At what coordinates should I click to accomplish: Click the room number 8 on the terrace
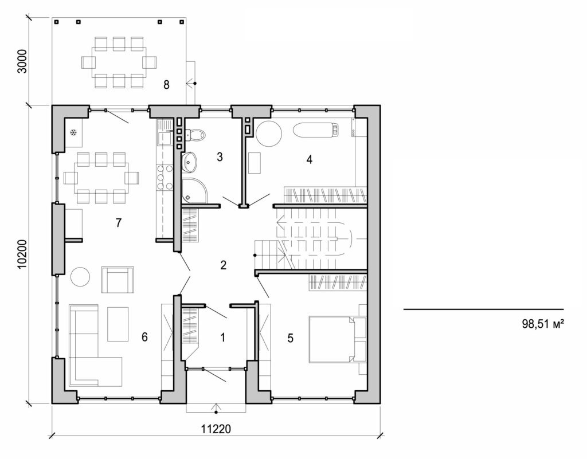tap(166, 85)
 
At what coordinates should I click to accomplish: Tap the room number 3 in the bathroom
tap(220, 157)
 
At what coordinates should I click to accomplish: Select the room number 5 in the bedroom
tap(291, 338)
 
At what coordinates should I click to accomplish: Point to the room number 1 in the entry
tap(222, 337)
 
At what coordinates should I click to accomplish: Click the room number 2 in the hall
tap(223, 265)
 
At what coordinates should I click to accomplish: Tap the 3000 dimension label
tap(22, 62)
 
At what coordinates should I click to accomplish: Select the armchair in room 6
tap(118, 279)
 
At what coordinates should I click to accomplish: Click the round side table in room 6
tap(80, 277)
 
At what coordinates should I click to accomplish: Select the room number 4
tap(310, 159)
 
